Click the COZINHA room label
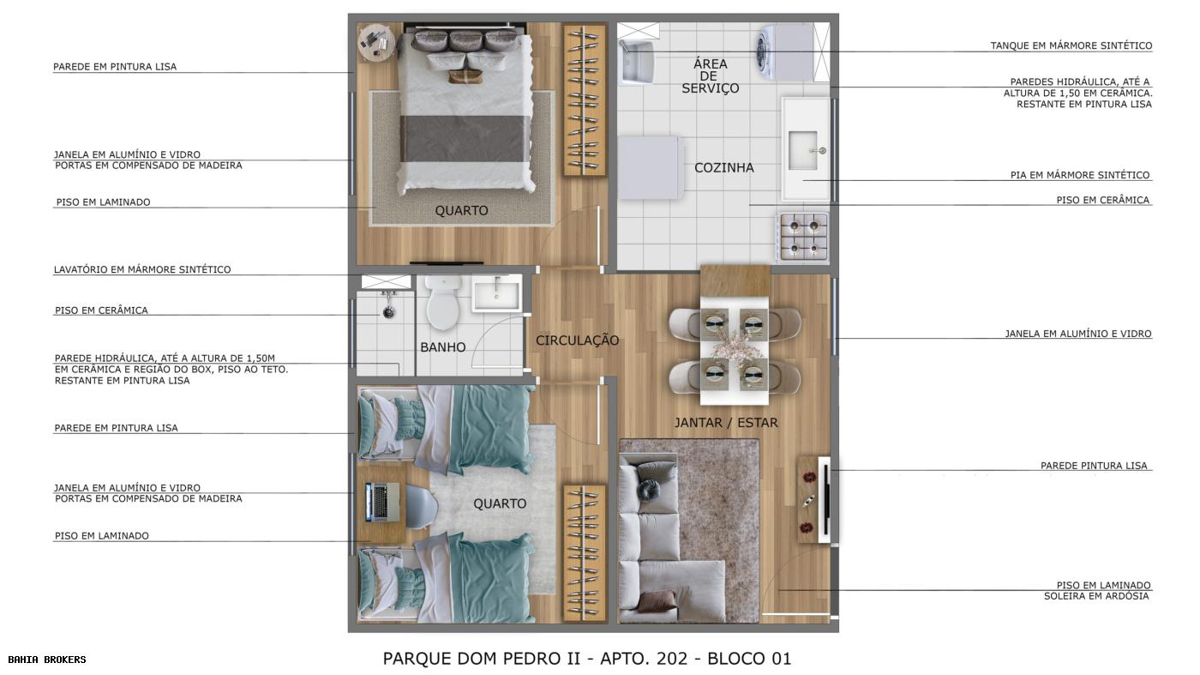pos(723,168)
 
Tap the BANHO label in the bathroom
pos(443,347)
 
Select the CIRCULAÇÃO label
pos(577,341)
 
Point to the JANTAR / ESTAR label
pos(726,422)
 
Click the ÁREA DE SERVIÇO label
pos(710,75)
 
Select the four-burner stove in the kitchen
pos(803,237)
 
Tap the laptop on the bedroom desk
pos(381,502)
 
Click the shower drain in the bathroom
pos(388,313)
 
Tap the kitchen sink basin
pos(804,151)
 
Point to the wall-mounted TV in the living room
pos(825,500)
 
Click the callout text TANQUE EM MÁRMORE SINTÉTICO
pos(1071,45)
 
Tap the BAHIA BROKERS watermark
pos(47,660)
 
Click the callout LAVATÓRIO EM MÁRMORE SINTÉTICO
pos(142,269)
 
